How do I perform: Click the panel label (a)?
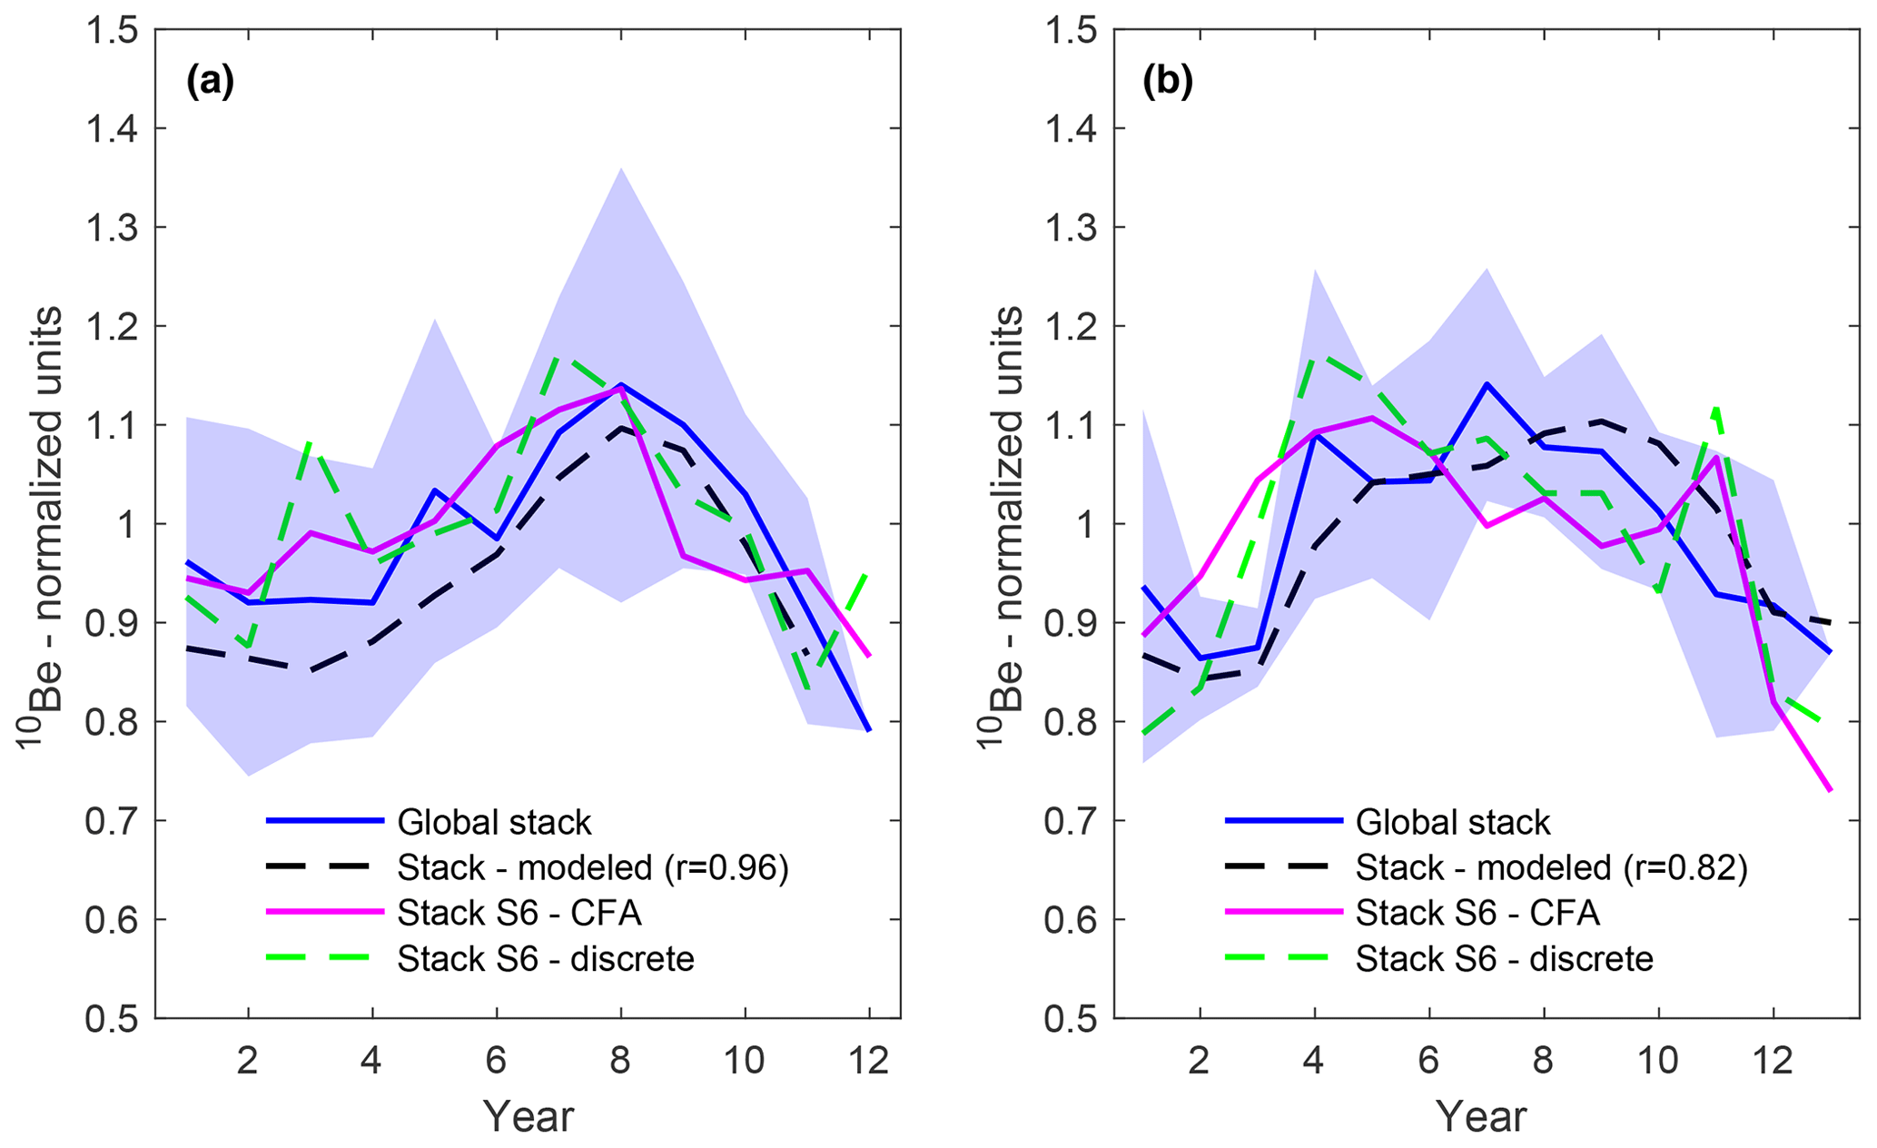point(210,83)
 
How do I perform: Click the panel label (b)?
point(1168,83)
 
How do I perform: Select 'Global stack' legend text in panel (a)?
point(494,822)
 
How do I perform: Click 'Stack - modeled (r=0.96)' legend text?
point(592,868)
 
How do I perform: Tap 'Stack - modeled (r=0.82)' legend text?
point(1551,868)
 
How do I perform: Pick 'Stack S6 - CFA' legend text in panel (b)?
point(1477,913)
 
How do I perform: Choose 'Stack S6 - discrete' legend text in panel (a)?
point(545,959)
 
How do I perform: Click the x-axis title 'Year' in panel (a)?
point(528,1116)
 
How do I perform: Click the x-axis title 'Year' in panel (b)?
point(1481,1116)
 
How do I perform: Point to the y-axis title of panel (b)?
point(1002,527)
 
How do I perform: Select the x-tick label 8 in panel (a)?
point(620,1060)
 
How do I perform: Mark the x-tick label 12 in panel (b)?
point(1772,1060)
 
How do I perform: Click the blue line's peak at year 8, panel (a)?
point(620,385)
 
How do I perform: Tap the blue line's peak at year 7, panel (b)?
point(1486,383)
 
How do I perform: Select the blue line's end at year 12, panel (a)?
point(869,729)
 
